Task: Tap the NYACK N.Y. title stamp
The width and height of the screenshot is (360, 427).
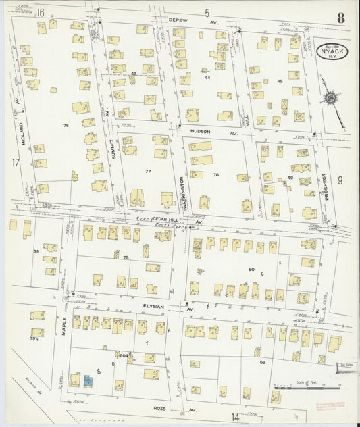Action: click(x=329, y=52)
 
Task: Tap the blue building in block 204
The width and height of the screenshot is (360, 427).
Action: click(x=88, y=380)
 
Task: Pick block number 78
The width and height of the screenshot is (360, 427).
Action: click(x=66, y=126)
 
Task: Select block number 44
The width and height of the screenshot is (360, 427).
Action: click(x=207, y=78)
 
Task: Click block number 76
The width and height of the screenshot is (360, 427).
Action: click(x=216, y=175)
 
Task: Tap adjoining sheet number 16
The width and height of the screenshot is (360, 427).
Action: click(x=41, y=13)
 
